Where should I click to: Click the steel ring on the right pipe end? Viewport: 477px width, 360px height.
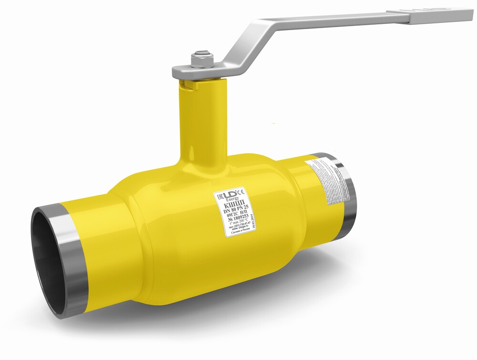347,196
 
